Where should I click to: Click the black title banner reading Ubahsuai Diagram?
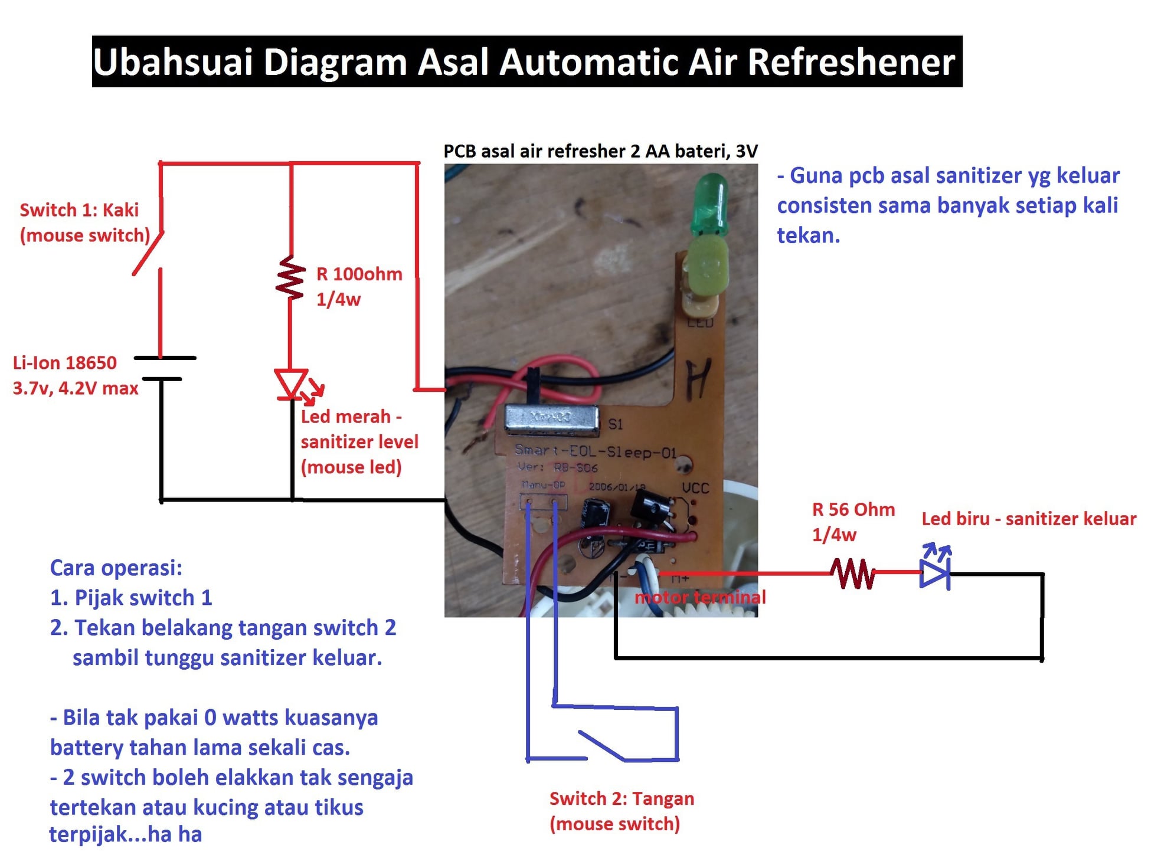(x=526, y=61)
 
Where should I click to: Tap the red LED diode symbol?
(x=291, y=384)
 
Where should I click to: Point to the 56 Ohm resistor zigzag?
(x=852, y=573)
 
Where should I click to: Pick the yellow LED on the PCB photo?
(x=705, y=266)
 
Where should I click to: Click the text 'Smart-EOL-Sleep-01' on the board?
(x=595, y=451)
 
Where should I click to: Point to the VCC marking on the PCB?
(x=695, y=488)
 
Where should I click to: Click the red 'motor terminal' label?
(x=700, y=597)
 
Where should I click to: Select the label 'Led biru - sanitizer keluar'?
(x=1029, y=519)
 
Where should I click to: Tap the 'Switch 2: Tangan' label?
(x=622, y=798)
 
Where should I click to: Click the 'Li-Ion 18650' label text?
(x=65, y=362)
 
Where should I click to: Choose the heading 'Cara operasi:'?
(x=116, y=568)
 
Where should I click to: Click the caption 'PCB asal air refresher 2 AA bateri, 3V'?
(x=600, y=151)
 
